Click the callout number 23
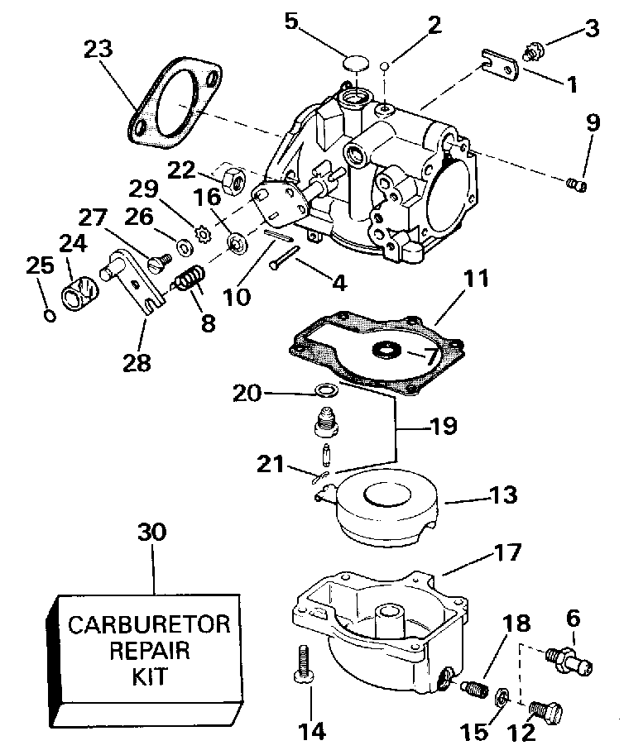[x=100, y=49]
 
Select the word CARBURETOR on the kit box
[x=149, y=623]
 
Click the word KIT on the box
[x=149, y=676]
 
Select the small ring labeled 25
[x=50, y=315]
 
